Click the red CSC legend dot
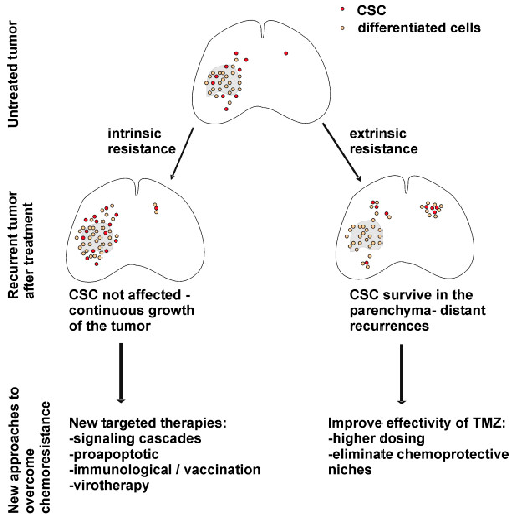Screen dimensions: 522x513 point(342,9)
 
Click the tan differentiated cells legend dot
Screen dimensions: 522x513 point(342,28)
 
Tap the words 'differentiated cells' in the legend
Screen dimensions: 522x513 point(419,28)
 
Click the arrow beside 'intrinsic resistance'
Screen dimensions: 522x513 point(182,154)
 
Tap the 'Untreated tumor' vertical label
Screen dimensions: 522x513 point(13,75)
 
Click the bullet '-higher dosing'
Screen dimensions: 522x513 point(376,438)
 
